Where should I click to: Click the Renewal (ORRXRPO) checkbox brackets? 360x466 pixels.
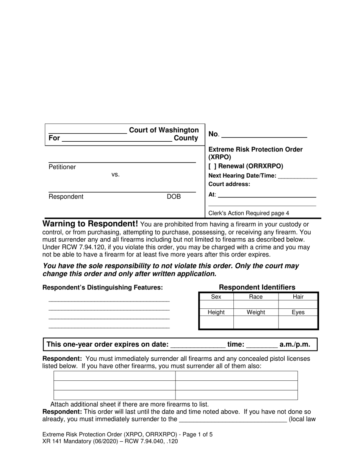[x=212, y=166]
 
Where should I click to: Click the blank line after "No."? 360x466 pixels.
[x=264, y=134]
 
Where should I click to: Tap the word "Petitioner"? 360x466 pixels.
[x=62, y=167]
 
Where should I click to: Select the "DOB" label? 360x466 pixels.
[x=174, y=197]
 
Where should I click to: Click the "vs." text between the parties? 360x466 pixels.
[x=116, y=175]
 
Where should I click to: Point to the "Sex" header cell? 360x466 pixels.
[x=216, y=297]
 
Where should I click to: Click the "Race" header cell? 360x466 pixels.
[x=256, y=297]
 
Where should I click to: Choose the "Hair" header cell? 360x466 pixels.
[x=298, y=297]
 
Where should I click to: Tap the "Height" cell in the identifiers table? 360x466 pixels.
[x=216, y=312]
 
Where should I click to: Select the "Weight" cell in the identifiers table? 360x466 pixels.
[x=256, y=312]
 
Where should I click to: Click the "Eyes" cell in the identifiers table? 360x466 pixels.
[x=298, y=312]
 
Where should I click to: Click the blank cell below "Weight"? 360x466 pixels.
[x=256, y=322]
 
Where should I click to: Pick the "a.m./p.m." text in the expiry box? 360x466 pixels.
[x=295, y=344]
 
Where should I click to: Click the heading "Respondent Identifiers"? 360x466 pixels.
[x=257, y=287]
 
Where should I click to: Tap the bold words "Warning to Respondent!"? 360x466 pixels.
[x=90, y=224]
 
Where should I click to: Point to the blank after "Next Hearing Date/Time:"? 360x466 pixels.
[x=297, y=176]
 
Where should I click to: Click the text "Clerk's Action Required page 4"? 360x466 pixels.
[x=249, y=213]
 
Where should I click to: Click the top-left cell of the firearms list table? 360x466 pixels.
[x=114, y=376]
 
